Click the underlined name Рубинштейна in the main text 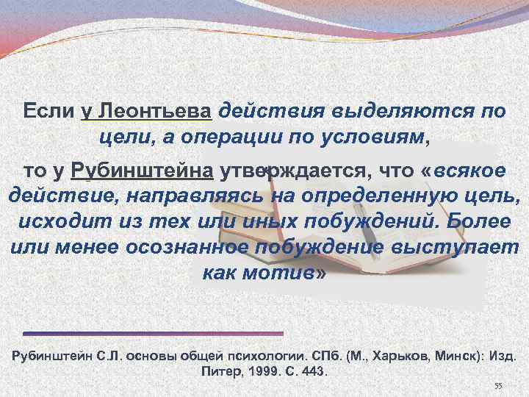tap(143, 171)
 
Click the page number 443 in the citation tap(312, 371)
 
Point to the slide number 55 tap(497, 386)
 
